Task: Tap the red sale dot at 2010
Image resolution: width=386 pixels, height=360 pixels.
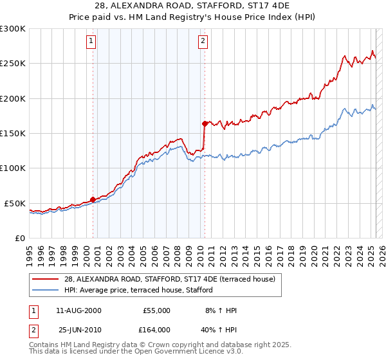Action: (x=205, y=123)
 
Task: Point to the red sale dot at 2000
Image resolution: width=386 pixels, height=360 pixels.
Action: (x=93, y=199)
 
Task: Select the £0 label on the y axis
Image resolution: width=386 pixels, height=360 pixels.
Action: (x=19, y=238)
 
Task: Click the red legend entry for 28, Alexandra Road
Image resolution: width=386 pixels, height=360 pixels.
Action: (x=170, y=279)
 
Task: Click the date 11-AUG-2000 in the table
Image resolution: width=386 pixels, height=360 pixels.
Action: (x=79, y=310)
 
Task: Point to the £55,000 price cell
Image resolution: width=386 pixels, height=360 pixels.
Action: (x=156, y=310)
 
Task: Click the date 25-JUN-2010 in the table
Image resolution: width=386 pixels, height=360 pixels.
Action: (x=80, y=330)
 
